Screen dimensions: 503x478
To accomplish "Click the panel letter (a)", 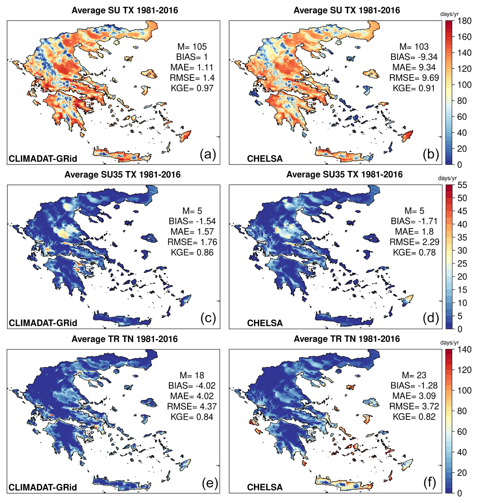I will click(208, 154).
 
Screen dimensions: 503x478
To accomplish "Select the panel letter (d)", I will click(431, 319).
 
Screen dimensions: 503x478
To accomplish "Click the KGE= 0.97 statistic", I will click(192, 88).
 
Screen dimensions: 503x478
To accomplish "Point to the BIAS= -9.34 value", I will click(414, 57).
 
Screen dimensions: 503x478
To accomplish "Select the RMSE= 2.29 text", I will click(414, 242).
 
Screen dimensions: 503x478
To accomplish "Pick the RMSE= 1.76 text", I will click(192, 242).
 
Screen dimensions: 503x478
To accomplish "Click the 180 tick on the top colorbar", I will click(464, 21).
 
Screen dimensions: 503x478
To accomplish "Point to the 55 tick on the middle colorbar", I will click(462, 185).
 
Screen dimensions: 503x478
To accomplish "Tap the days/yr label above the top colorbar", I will click(449, 14).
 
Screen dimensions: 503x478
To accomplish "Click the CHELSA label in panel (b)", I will click(265, 159).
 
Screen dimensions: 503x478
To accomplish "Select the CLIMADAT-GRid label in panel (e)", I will click(43, 487).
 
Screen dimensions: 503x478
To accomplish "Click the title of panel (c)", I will click(122, 175).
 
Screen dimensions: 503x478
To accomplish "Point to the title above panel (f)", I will click(347, 339).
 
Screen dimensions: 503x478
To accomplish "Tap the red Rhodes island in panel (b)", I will click(408, 136).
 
